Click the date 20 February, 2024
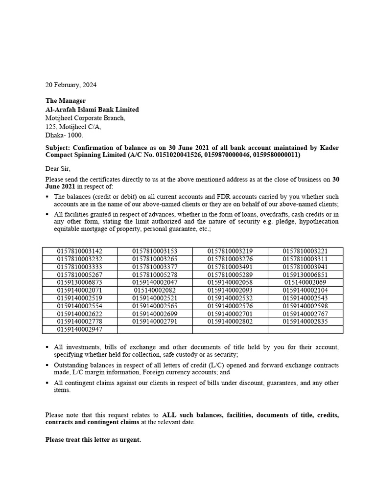click(x=71, y=85)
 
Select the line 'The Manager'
click(x=65, y=101)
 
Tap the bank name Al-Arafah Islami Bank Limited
click(x=92, y=110)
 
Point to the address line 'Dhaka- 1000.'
click(x=64, y=136)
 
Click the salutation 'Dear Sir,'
click(x=58, y=169)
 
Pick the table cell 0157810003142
click(x=80, y=251)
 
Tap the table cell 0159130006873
click(x=80, y=282)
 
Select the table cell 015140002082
click(x=155, y=290)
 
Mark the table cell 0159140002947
click(x=80, y=329)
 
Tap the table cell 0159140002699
click(x=155, y=314)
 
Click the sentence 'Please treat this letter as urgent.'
click(x=93, y=440)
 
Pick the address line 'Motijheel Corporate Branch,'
click(x=85, y=118)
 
